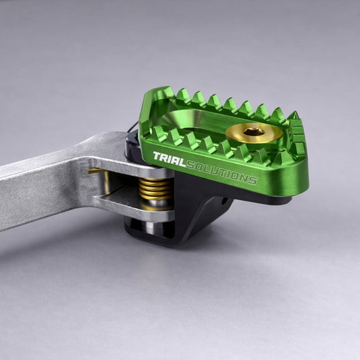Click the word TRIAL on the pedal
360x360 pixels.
point(170,159)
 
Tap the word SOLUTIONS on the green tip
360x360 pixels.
point(222,172)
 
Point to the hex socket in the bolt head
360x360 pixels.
point(254,132)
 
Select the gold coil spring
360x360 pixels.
point(155,188)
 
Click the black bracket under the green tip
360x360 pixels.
point(202,207)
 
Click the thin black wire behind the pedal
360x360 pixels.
point(132,127)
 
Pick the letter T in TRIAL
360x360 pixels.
point(157,156)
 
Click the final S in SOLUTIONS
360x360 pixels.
point(253,181)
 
